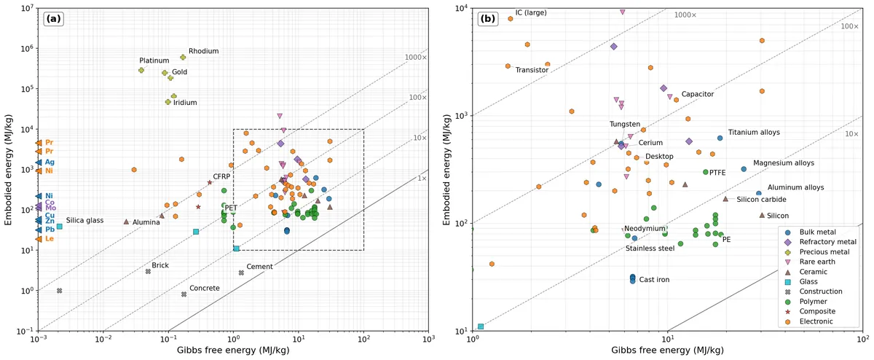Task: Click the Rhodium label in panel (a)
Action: (x=204, y=51)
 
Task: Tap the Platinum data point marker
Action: (x=141, y=70)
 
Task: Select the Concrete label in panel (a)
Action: (x=205, y=288)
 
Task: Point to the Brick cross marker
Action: (x=148, y=271)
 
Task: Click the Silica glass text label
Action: (x=84, y=221)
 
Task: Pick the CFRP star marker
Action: (x=210, y=182)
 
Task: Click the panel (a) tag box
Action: (x=53, y=19)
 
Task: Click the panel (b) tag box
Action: (x=488, y=19)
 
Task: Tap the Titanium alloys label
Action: (x=754, y=133)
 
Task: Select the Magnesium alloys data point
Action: (x=744, y=169)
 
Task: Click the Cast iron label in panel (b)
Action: (x=654, y=280)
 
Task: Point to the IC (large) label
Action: (x=531, y=13)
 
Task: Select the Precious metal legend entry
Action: (x=819, y=252)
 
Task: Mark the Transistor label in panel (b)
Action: (x=532, y=70)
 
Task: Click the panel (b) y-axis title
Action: (x=446, y=170)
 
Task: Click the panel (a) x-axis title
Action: (x=233, y=351)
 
